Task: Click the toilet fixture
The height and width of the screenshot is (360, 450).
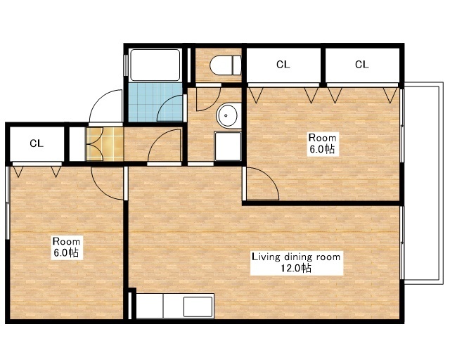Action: [x=226, y=65]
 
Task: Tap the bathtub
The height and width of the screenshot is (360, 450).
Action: [x=155, y=65]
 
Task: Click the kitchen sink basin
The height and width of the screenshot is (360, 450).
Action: [x=198, y=307]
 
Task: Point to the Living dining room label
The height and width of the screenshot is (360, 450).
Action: [x=296, y=257]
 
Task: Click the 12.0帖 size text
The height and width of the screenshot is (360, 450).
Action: [x=296, y=269]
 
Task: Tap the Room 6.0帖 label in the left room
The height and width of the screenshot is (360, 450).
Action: [x=66, y=247]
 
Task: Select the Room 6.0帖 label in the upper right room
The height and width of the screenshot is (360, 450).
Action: [x=322, y=143]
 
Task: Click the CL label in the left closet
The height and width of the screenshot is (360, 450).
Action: [x=37, y=143]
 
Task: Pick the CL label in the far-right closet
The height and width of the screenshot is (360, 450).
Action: [x=361, y=65]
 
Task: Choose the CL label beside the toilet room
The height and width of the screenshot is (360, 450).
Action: [x=283, y=65]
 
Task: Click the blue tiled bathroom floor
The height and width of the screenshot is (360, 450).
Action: [x=155, y=103]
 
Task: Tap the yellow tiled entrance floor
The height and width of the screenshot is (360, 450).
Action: [x=105, y=144]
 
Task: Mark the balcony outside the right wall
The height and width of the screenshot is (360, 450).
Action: [x=422, y=184]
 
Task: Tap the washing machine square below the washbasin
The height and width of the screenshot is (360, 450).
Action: [x=228, y=146]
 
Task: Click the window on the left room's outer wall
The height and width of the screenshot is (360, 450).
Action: [x=8, y=202]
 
